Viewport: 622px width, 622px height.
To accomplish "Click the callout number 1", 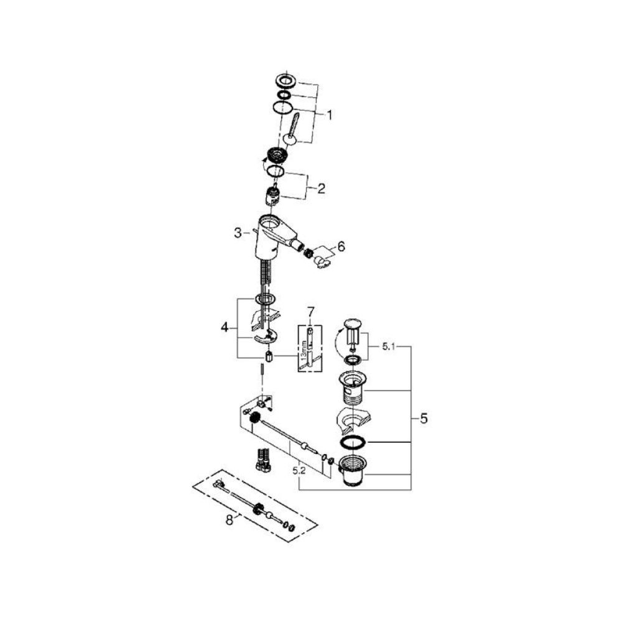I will pos(330,114).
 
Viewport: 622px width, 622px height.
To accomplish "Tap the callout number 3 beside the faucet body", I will pos(237,232).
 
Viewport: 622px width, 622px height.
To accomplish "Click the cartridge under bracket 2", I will pos(272,195).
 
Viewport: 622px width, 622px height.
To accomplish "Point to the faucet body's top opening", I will pos(271,221).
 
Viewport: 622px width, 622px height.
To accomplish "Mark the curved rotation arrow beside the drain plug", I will pos(338,343).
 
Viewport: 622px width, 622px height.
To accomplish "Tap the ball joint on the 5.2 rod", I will pos(304,445).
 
